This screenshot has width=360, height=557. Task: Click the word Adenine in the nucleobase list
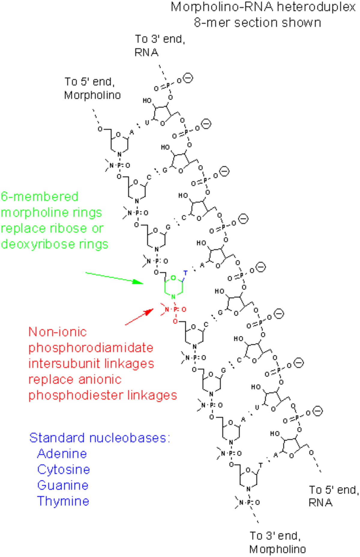[x=62, y=454]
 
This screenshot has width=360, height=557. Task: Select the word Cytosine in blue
[x=64, y=469]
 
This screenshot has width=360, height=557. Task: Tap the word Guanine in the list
[x=63, y=485]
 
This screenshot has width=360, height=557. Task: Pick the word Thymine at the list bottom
[x=63, y=501]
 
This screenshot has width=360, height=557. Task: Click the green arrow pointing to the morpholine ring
[x=114, y=277]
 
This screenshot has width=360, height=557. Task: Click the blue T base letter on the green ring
[x=185, y=273]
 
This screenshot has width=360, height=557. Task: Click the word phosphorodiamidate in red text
[x=91, y=348]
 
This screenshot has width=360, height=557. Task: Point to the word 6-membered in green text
[x=39, y=197]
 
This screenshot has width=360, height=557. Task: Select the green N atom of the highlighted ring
[x=173, y=297]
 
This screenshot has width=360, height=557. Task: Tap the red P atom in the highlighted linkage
[x=175, y=309]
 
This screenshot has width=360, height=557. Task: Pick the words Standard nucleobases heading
[x=100, y=438]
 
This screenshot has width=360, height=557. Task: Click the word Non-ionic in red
[x=58, y=332]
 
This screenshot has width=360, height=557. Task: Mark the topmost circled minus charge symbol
[x=188, y=78]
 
